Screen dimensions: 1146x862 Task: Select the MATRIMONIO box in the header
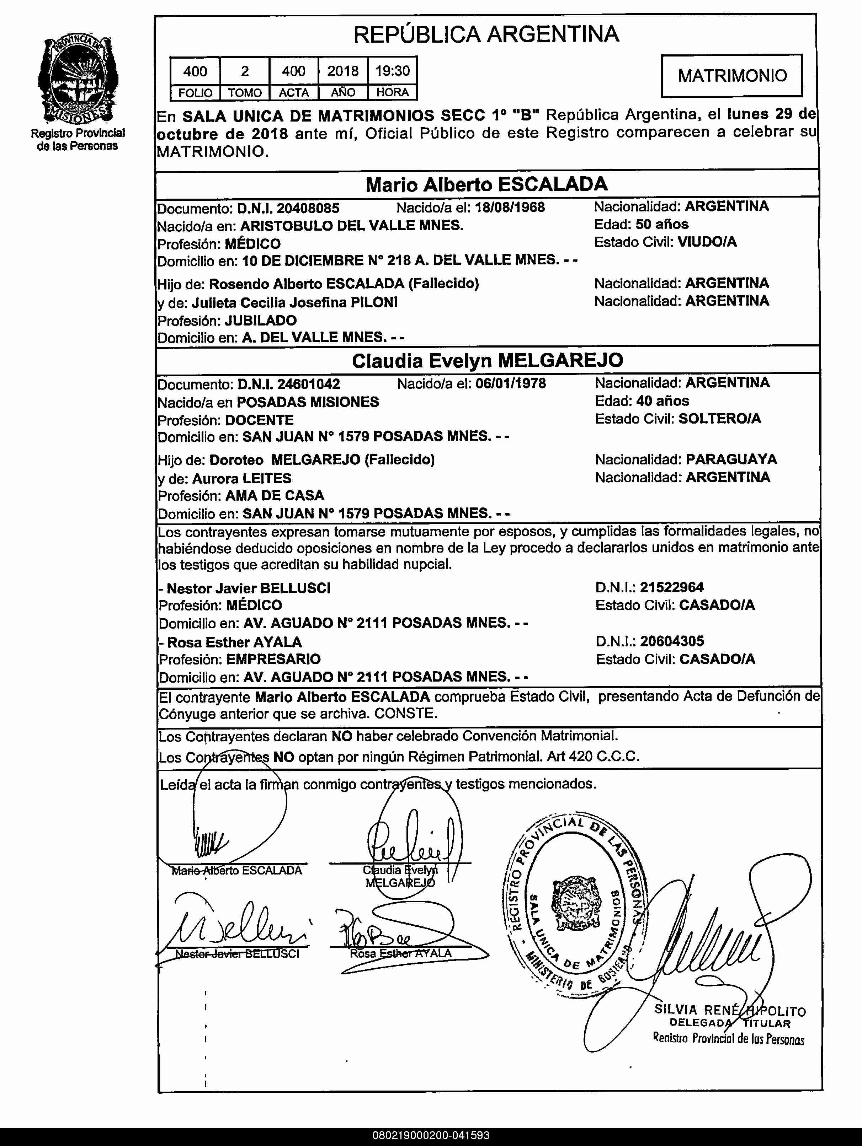tap(732, 76)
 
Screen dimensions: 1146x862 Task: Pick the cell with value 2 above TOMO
tap(245, 71)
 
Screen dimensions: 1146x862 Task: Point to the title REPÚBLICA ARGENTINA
tap(486, 34)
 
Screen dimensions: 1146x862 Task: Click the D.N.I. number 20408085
tap(308, 208)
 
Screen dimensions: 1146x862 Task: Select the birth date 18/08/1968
tap(510, 207)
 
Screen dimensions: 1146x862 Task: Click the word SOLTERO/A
tap(719, 419)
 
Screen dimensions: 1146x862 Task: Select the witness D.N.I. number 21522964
tap(672, 587)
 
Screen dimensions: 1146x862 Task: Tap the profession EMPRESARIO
tap(273, 659)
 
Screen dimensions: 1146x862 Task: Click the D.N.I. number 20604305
tap(672, 641)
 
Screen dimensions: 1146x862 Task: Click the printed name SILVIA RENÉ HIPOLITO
tap(730, 1010)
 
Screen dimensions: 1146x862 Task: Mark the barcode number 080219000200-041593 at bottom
tap(431, 1136)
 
